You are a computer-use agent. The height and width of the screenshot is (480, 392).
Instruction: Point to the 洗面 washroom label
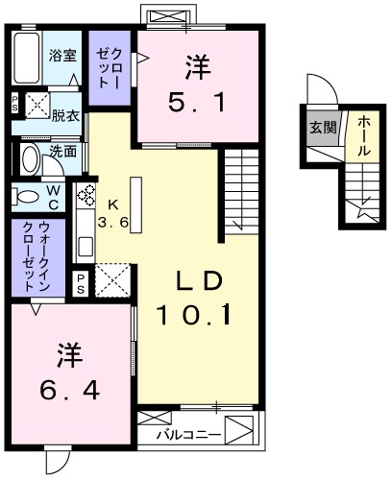tap(64, 151)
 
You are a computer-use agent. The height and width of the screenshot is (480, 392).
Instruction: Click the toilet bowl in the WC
tap(27, 197)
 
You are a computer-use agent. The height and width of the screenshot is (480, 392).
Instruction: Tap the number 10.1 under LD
tap(200, 313)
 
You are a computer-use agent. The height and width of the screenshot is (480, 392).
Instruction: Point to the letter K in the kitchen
tap(112, 204)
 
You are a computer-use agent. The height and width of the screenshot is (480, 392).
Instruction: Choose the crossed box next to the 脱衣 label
tap(39, 105)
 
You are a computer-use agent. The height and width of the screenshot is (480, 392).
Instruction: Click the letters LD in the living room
tap(198, 279)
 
